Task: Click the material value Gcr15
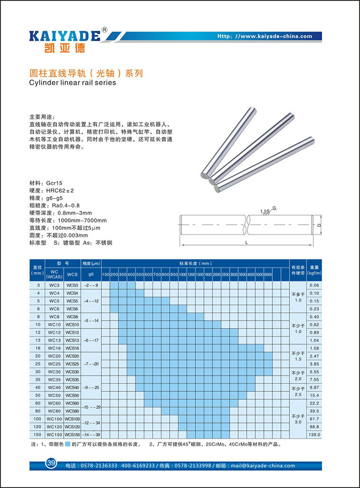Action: tap(54, 182)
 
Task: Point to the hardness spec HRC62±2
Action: tap(59, 190)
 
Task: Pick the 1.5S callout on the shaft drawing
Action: tap(264, 211)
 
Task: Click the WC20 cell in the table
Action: tap(54, 355)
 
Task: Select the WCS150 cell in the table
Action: tap(72, 434)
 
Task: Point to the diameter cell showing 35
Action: tap(38, 379)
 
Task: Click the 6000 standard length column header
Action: tap(268, 275)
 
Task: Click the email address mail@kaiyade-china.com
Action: tap(263, 466)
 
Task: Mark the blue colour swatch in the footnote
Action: tap(68, 444)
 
